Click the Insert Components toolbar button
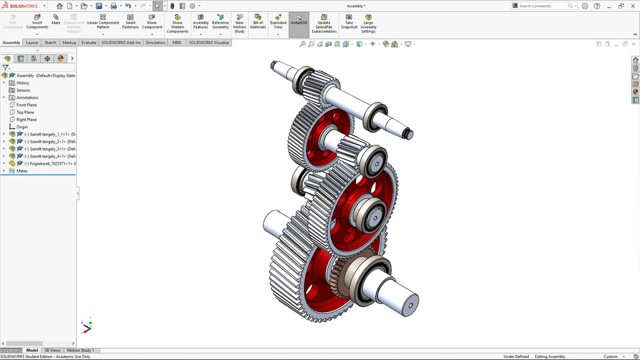(37, 21)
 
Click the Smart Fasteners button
(130, 21)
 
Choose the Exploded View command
(278, 21)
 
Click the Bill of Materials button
(258, 21)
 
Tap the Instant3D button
(299, 21)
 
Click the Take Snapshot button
(349, 21)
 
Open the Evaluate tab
(89, 43)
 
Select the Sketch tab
(50, 43)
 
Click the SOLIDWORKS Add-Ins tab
(121, 43)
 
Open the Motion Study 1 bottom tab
(80, 350)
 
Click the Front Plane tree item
(26, 105)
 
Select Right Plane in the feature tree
(26, 119)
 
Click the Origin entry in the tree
(22, 127)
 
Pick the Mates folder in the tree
(22, 171)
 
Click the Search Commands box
(543, 6)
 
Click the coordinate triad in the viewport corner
(87, 326)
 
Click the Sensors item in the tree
(23, 90)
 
